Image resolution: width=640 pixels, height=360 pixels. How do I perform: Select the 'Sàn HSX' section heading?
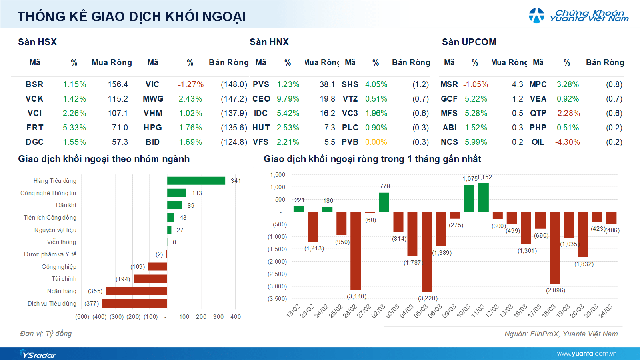[x=37, y=43]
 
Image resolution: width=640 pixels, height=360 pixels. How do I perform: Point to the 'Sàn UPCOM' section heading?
[x=469, y=43]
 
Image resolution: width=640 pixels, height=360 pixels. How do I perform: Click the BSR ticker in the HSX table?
[x=34, y=84]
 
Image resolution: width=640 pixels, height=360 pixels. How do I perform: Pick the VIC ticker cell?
[x=152, y=84]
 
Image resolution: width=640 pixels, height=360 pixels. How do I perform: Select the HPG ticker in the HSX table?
[x=152, y=127]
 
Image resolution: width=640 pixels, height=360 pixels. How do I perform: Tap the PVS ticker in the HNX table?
[x=262, y=84]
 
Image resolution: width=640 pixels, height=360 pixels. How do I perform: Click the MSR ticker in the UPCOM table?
[x=450, y=84]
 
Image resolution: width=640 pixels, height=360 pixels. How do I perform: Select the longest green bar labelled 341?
[x=196, y=180]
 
